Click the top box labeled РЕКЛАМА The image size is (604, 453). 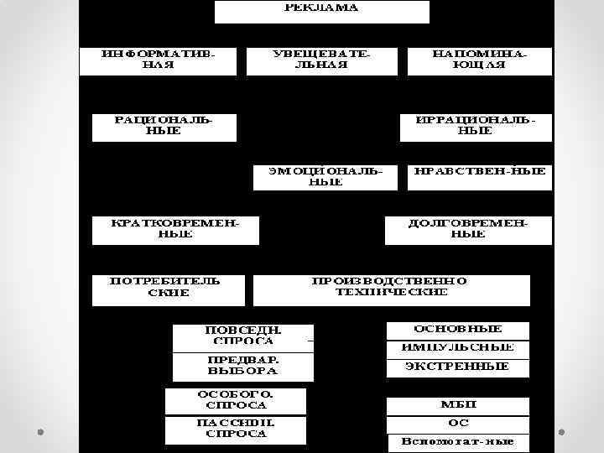click(x=321, y=11)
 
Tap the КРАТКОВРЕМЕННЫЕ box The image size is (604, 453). click(x=175, y=229)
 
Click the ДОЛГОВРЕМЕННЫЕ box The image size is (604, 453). click(x=468, y=229)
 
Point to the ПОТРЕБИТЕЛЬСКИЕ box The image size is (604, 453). click(x=167, y=288)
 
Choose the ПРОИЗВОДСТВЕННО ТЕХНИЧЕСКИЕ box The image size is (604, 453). click(x=391, y=288)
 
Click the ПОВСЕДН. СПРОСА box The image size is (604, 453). click(x=242, y=336)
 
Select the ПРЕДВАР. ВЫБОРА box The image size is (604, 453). click(x=242, y=365)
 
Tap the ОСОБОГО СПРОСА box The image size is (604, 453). click(x=236, y=400)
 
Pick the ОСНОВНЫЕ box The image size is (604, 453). click(x=458, y=330)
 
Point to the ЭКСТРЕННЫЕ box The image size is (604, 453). click(x=458, y=367)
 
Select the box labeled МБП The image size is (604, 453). click(x=458, y=406)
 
